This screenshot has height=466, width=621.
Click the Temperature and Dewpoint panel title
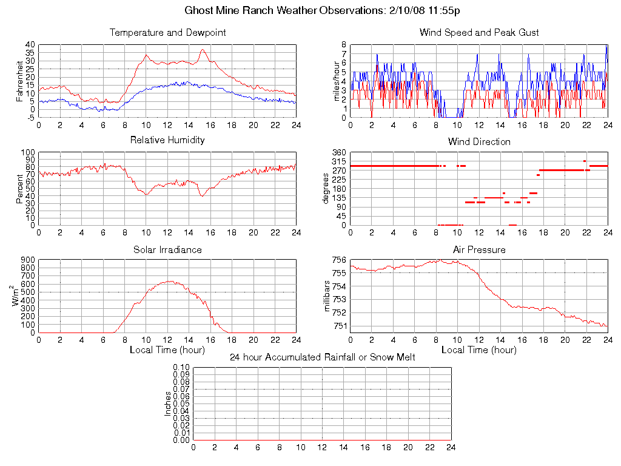tap(167, 33)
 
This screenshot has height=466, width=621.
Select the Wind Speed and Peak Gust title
tap(479, 33)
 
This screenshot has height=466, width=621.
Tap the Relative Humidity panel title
tap(167, 140)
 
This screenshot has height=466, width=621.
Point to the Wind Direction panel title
tap(479, 142)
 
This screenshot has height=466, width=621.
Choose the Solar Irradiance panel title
tap(167, 249)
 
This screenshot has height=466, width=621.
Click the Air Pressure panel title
tap(479, 249)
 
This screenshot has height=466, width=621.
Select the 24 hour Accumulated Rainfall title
tap(322, 357)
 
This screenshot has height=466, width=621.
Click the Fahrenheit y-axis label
tap(19, 81)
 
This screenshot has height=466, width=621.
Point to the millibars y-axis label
tap(327, 295)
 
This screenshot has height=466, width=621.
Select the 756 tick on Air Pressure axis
tap(339, 260)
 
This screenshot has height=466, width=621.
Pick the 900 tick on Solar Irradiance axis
tap(28, 260)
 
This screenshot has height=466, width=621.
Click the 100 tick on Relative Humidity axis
tap(28, 152)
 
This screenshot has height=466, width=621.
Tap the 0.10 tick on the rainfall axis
tap(181, 367)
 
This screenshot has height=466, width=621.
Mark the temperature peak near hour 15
tap(203, 50)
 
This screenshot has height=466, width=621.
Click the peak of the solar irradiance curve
tap(170, 281)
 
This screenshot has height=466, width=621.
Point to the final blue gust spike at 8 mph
tap(606, 46)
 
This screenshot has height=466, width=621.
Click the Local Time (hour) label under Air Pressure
tap(479, 350)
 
